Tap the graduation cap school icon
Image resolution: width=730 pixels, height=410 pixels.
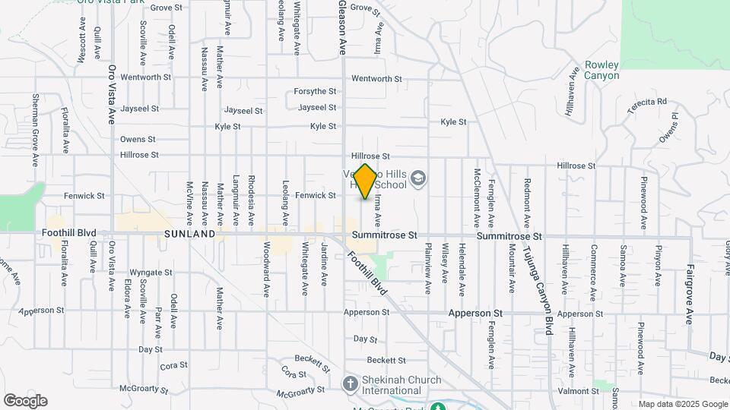click(417, 178)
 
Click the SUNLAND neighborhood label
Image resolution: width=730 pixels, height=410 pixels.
click(189, 235)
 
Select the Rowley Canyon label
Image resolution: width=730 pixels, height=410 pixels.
click(601, 71)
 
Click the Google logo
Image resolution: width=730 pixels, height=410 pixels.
click(25, 401)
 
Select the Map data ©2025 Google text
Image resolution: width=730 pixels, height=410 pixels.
click(683, 404)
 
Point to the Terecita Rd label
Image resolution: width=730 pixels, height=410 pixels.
click(646, 102)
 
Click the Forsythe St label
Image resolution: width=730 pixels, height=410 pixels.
click(315, 92)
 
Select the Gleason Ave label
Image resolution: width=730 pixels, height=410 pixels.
click(342, 27)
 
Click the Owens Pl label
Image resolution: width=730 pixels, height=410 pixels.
click(668, 127)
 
